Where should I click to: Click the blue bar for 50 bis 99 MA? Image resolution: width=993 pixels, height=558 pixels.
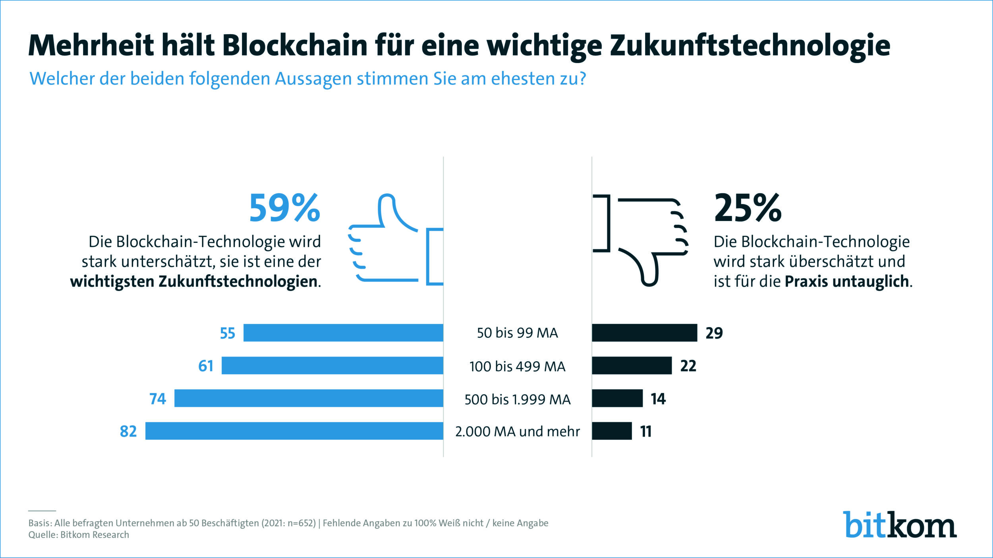pos(343,333)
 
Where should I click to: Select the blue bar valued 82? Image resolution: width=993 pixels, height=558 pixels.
pos(294,431)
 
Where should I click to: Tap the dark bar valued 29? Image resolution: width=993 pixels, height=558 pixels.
pos(644,333)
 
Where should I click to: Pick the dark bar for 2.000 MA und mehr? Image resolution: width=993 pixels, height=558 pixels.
pos(612,431)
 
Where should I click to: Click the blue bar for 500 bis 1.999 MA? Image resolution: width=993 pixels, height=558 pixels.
pos(309,398)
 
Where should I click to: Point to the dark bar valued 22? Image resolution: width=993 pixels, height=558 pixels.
pos(632,366)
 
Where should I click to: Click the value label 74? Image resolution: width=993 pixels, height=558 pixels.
pos(158,398)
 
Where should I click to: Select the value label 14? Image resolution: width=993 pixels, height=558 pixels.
pos(658,398)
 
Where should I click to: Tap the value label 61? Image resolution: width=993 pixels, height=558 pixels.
pos(206,366)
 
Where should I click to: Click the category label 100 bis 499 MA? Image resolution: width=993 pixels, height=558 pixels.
pos(517,366)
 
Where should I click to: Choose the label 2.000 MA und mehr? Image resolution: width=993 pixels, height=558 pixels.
pos(517,431)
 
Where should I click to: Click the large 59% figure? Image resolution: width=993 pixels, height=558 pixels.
pos(284,208)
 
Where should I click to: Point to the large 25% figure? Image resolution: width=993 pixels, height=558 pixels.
pos(748,208)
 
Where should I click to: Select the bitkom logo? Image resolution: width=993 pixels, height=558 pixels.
pos(899,525)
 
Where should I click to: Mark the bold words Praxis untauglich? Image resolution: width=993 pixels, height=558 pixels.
pos(847,281)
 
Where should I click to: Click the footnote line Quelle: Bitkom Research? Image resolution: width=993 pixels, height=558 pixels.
pos(79,535)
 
